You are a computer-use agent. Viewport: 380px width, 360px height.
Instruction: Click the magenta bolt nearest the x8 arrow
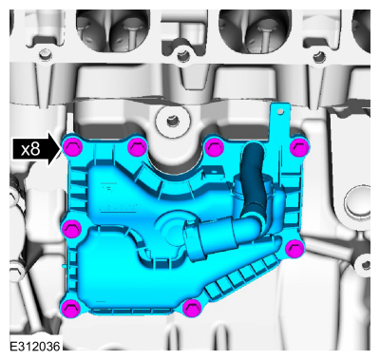pos(72,147)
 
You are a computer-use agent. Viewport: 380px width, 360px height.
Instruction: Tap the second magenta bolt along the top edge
pos(137,147)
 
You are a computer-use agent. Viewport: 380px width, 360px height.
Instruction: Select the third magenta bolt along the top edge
pos(215,147)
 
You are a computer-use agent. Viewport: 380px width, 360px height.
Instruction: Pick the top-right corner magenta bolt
pos(298,147)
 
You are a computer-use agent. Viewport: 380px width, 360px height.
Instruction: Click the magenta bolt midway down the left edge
pos(72,228)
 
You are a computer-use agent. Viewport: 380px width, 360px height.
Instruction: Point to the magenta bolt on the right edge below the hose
pos(294,249)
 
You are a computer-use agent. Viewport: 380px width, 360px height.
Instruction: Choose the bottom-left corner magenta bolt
pos(69,307)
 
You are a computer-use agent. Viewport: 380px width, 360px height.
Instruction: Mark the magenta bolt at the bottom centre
pos(192,308)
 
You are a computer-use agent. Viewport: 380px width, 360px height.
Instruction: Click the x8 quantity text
pos(30,149)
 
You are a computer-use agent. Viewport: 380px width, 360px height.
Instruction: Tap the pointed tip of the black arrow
pos(61,149)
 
